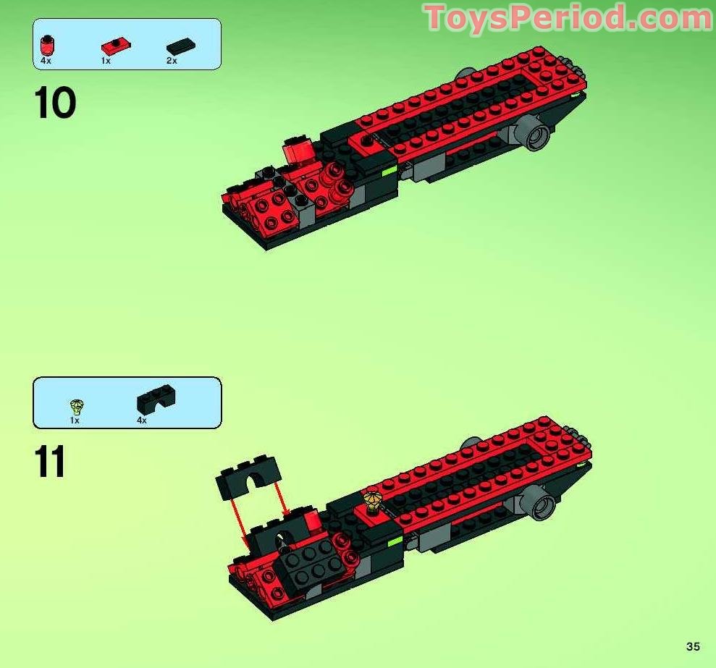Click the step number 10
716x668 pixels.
pos(54,103)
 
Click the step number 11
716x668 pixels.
pos(50,462)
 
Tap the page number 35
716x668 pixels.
pos(694,646)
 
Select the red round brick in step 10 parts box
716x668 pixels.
pos(47,45)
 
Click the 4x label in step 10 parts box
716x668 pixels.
pos(46,61)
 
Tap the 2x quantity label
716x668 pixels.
pos(172,61)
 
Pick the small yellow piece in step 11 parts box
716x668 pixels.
pos(75,406)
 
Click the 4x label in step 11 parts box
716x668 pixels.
pos(141,420)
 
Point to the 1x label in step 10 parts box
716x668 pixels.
pos(106,61)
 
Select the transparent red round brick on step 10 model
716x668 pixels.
pos(298,151)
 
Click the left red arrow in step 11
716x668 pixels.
pos(242,520)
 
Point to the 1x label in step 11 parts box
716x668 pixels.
pos(75,420)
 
